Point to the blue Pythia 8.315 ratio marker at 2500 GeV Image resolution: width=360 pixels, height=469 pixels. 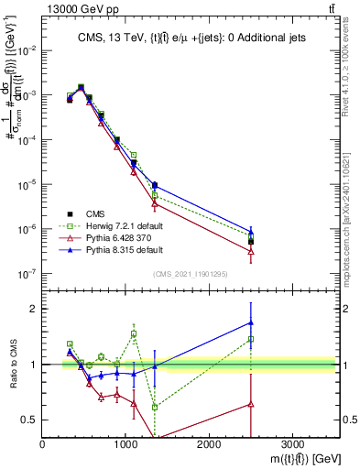pyautogui.click(x=251, y=322)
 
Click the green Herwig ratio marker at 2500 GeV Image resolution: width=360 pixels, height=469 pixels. pyautogui.click(x=251, y=339)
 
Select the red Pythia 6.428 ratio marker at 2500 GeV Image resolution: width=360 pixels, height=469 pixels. pyautogui.click(x=251, y=403)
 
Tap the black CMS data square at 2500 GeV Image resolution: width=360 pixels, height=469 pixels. pyautogui.click(x=251, y=242)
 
